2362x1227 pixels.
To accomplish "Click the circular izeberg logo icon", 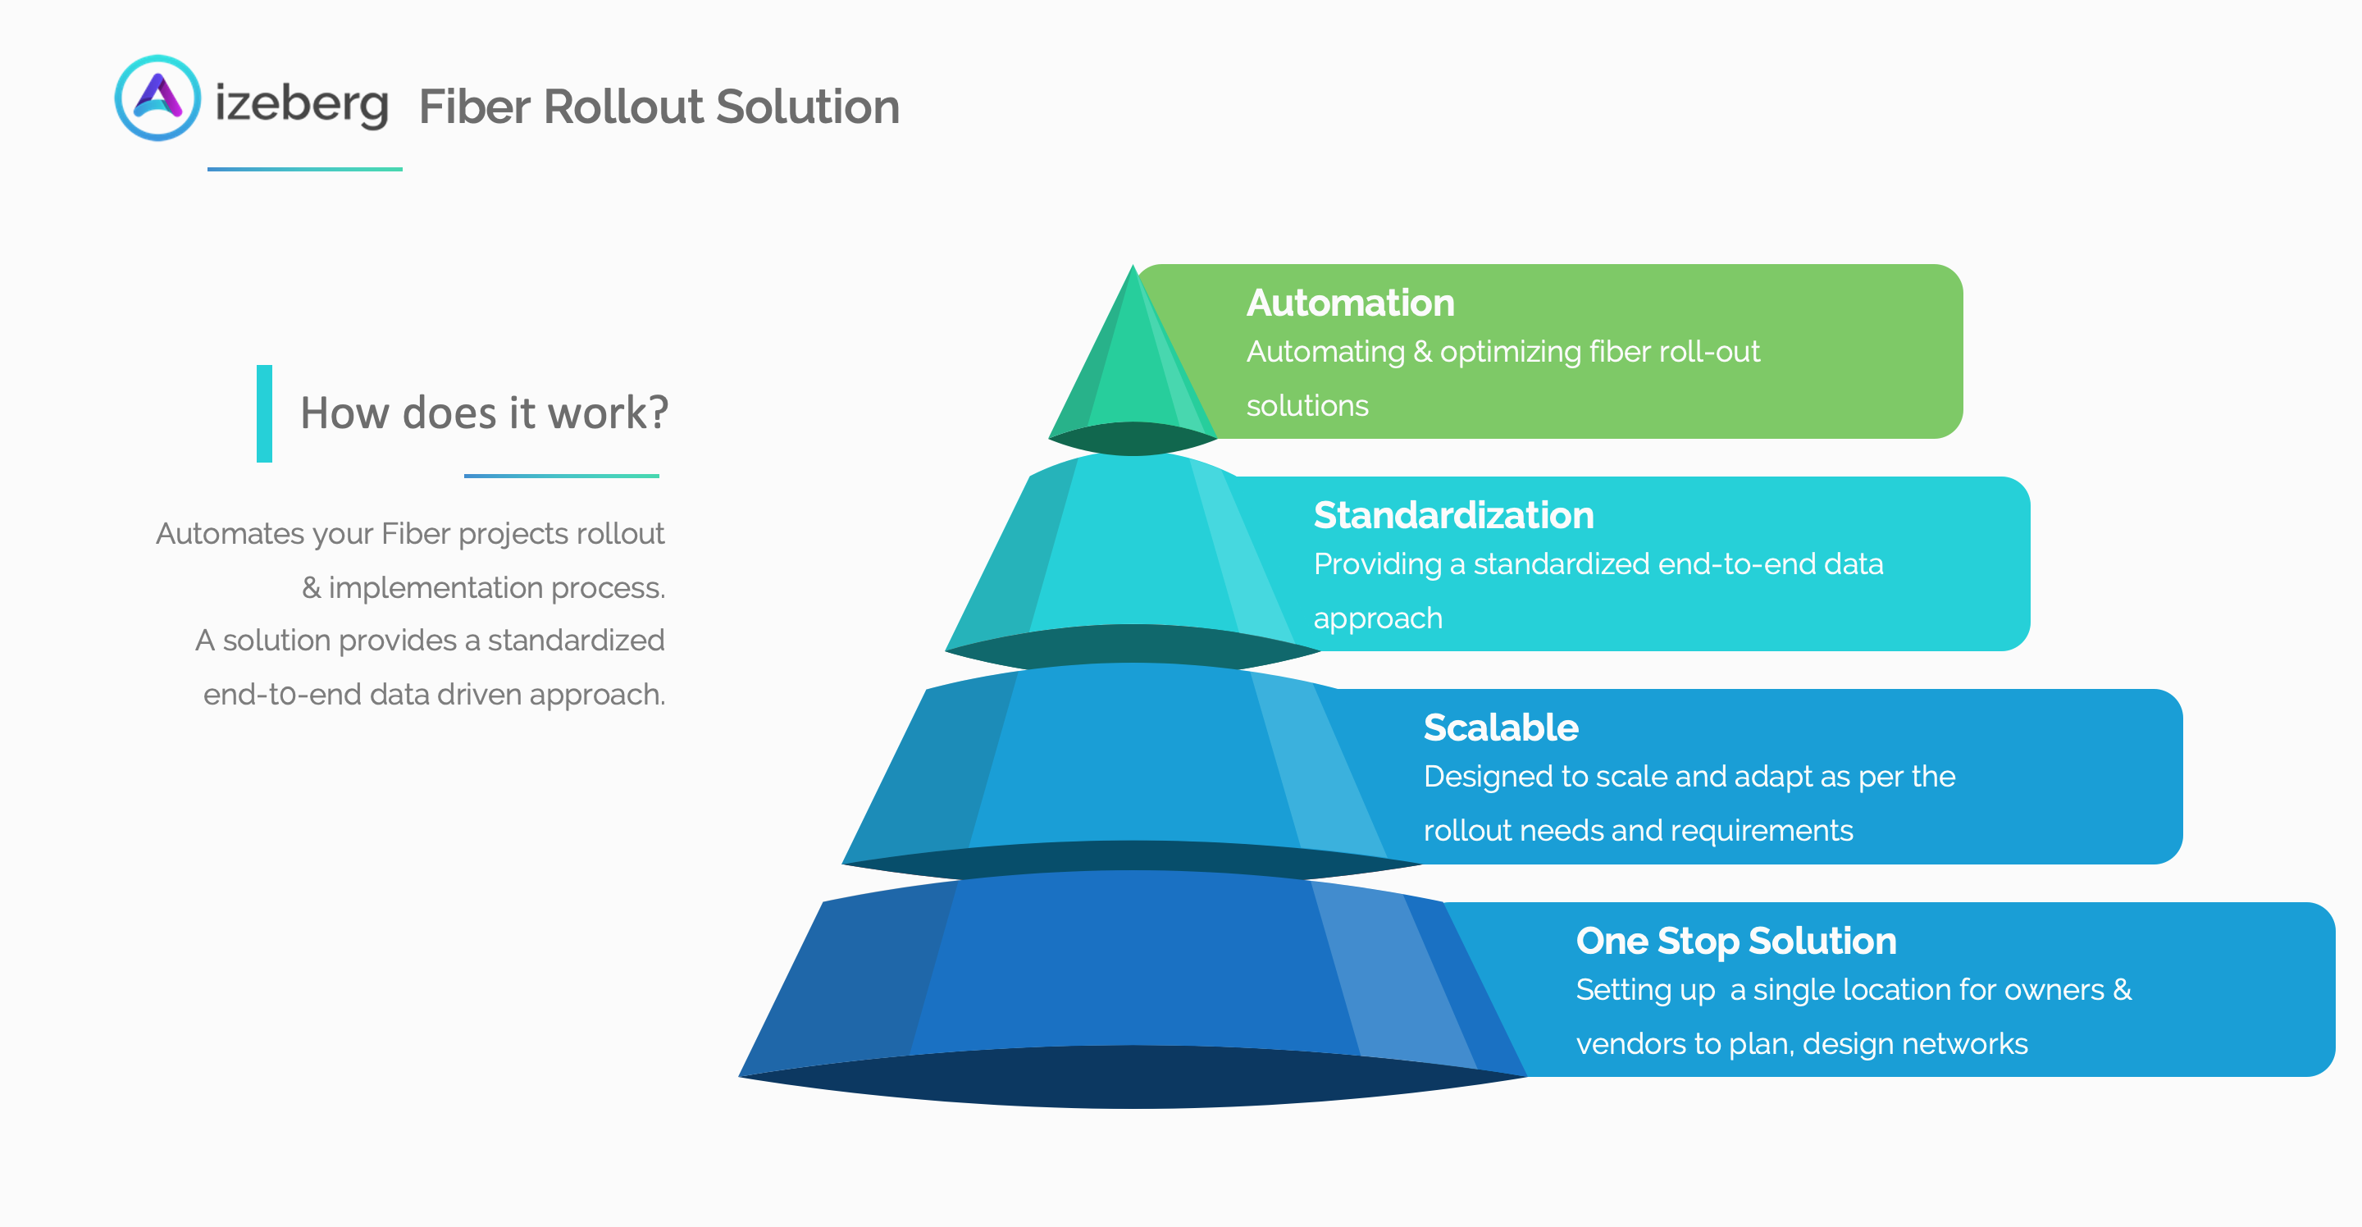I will coord(157,98).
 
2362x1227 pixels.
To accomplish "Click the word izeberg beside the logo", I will coord(301,103).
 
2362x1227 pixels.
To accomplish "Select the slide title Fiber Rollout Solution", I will coord(659,107).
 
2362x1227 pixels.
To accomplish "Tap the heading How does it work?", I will coord(484,413).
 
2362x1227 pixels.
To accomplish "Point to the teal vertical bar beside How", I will coord(264,413).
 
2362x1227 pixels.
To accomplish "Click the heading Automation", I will coord(1350,303).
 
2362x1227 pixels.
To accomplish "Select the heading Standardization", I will coord(1453,515).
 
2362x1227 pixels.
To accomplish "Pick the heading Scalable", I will coord(1500,728).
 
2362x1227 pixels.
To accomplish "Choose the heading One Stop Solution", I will coord(1735,941).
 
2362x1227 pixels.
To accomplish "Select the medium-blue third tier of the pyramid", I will coord(1133,761).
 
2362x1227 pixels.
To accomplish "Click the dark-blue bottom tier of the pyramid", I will coord(1133,972).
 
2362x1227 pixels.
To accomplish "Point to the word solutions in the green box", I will coord(1306,405).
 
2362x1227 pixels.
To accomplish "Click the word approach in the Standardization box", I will coord(1377,618).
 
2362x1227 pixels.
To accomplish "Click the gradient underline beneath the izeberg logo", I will coord(304,169).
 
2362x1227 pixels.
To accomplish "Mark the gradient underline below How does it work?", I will coord(561,476).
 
